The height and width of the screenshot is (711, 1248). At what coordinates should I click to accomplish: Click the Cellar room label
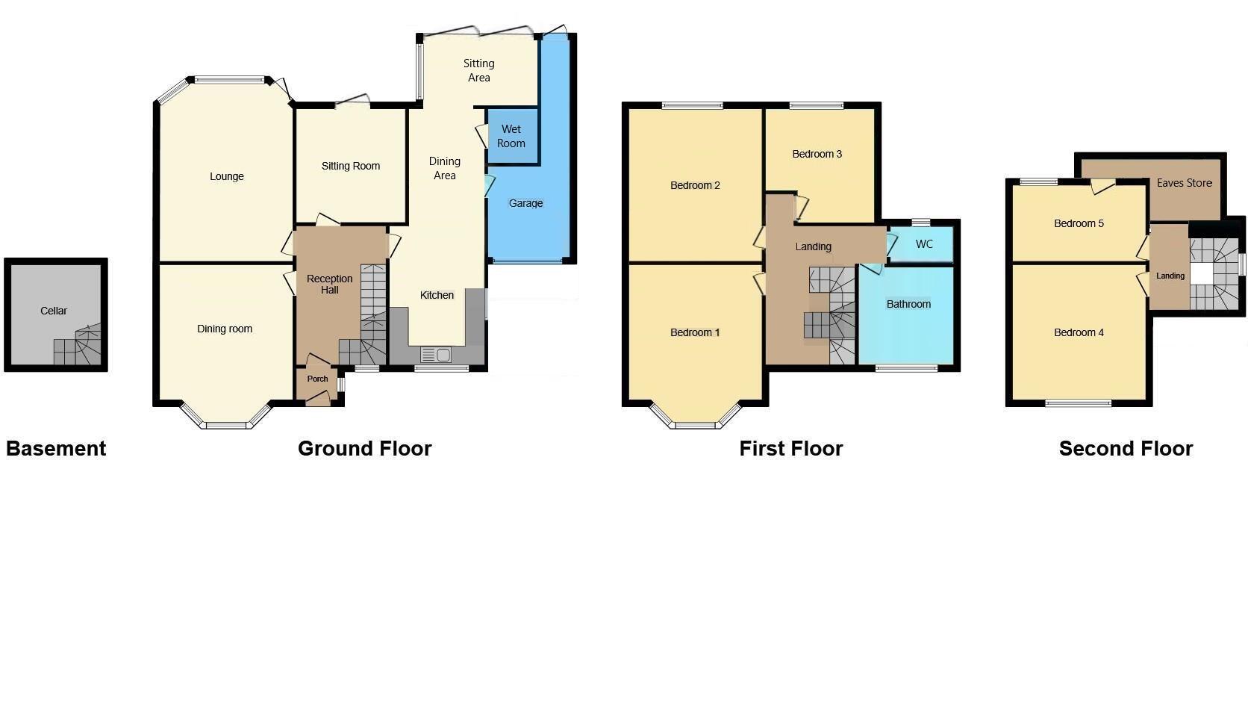coord(54,311)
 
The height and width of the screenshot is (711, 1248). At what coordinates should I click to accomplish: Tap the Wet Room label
coord(511,136)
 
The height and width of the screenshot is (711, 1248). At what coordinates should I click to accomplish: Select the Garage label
coord(526,203)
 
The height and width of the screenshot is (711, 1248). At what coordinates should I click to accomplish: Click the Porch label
coord(317,379)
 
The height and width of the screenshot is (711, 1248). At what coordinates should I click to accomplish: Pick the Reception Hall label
coord(329,285)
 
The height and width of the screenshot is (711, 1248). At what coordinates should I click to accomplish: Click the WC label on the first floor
coord(924,244)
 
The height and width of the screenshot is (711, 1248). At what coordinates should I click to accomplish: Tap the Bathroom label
coord(908,304)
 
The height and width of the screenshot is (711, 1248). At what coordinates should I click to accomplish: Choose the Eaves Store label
coord(1184,183)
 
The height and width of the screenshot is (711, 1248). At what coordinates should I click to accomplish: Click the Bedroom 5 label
coord(1079,223)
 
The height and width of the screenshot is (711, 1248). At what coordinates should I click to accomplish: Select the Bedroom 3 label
coord(817,154)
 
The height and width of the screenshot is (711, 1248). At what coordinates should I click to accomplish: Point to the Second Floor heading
coord(1126,449)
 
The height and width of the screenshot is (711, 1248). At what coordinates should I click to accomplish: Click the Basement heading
coord(56,449)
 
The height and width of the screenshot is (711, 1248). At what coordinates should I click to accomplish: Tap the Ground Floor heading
coord(364,449)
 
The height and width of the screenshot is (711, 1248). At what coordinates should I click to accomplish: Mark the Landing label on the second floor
coord(1170,276)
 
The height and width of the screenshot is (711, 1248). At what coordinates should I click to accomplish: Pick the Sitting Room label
coord(351,166)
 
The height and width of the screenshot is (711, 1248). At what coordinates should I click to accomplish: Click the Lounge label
coord(227,176)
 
